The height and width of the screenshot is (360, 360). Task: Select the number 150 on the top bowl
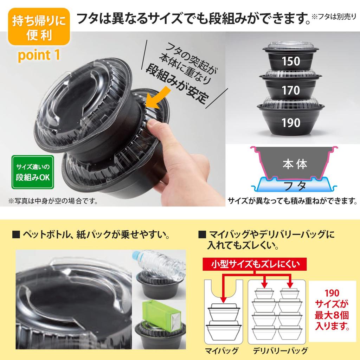(x=291, y=61)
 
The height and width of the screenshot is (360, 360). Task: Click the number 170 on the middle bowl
(x=291, y=91)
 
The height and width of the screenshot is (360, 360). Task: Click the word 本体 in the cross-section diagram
(x=295, y=164)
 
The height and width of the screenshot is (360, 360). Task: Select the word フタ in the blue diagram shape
(x=295, y=185)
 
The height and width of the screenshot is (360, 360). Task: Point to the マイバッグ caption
(x=221, y=351)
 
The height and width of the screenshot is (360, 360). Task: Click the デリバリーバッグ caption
(x=281, y=351)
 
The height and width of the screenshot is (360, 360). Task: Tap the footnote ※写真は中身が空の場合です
(x=52, y=202)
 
